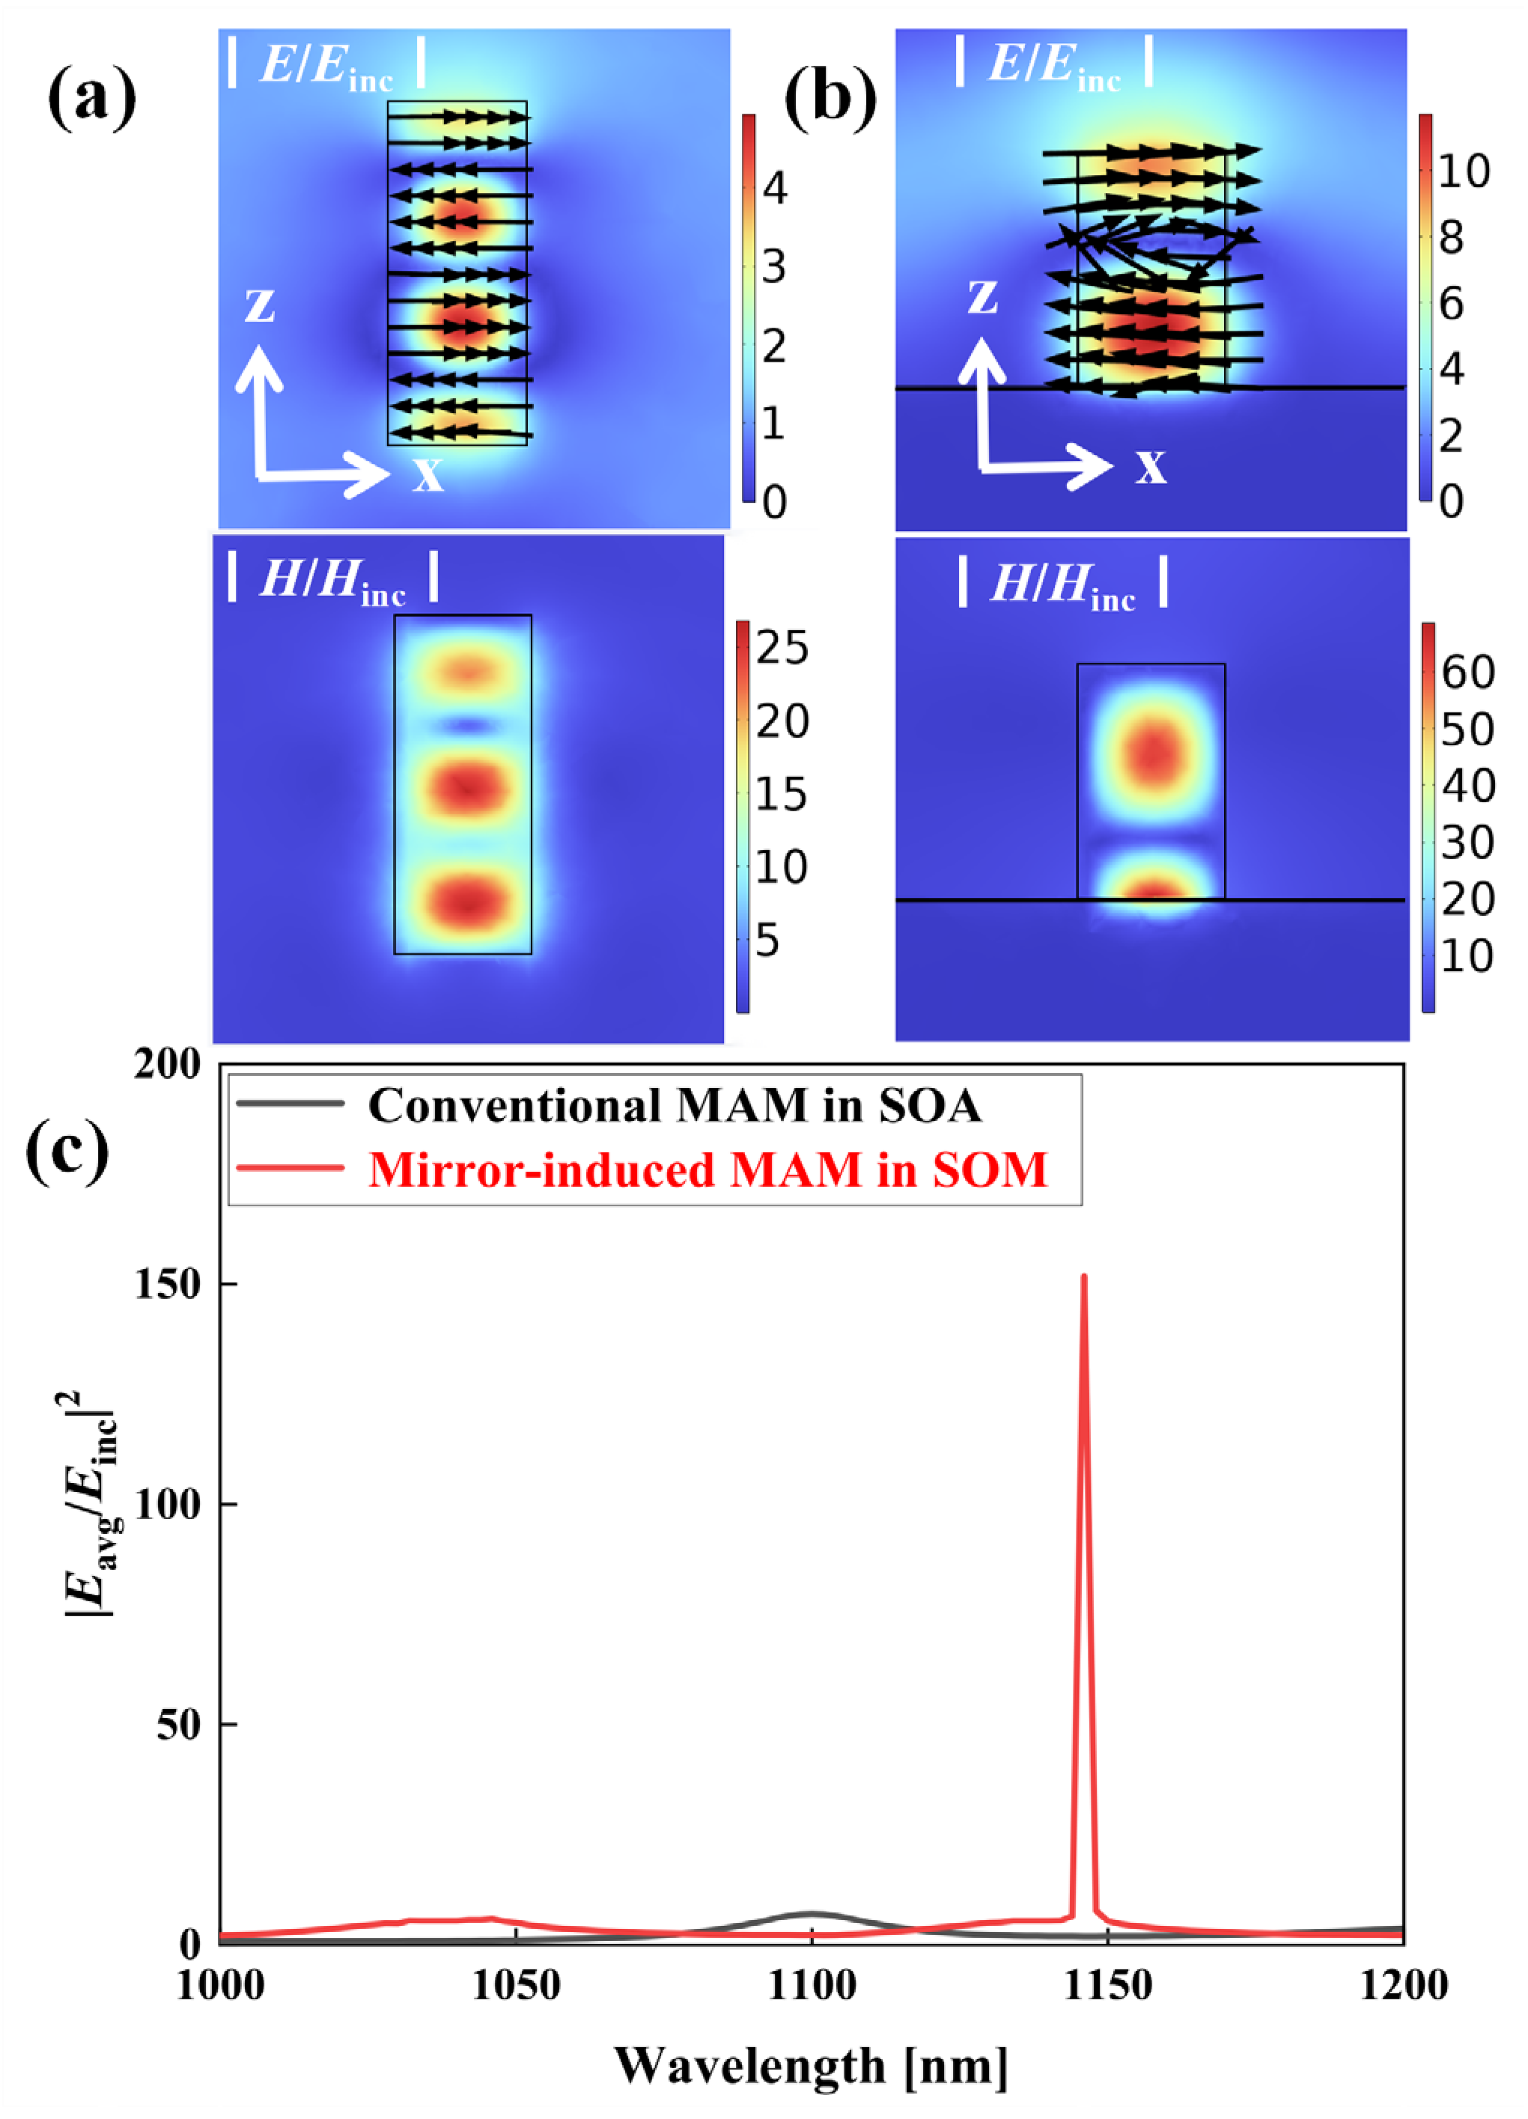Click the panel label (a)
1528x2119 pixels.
91,97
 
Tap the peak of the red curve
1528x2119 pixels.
1083,1277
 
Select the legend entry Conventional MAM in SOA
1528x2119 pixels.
674,1105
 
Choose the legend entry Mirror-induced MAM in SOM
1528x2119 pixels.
707,1169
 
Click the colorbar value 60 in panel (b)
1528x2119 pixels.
1467,672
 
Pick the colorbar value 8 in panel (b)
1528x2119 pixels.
1450,238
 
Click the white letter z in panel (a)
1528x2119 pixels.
260,305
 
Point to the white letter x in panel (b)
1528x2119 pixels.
1151,466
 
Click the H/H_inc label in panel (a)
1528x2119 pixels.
332,579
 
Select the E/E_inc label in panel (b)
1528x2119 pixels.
1053,64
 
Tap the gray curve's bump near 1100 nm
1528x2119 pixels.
812,1912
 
